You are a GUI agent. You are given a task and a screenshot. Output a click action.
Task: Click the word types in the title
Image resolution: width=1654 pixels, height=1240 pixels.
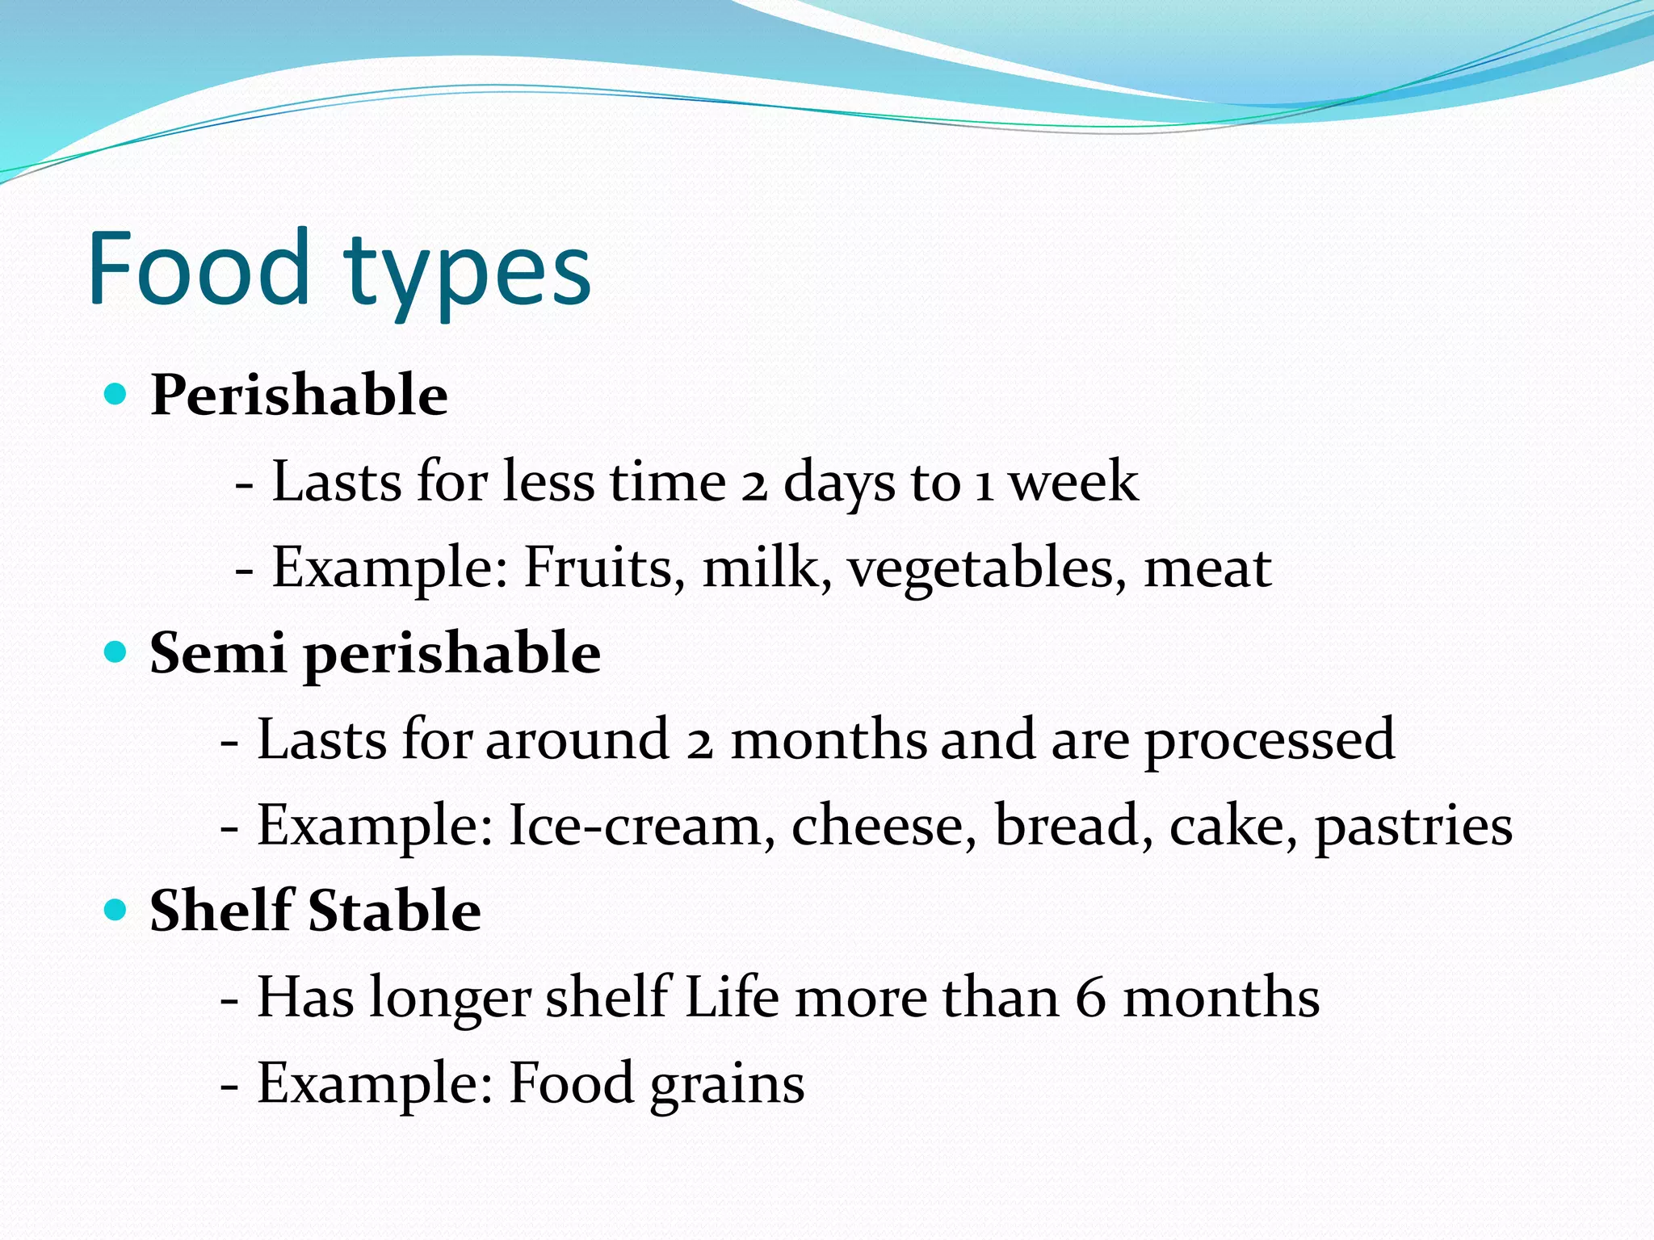(x=468, y=274)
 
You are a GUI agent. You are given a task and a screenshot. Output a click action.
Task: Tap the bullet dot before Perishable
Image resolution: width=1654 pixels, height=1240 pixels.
(x=116, y=395)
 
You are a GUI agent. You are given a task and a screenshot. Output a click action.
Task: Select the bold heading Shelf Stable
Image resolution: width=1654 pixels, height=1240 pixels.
(x=315, y=911)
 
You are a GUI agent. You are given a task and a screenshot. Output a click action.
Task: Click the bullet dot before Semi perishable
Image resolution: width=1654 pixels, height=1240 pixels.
(x=116, y=652)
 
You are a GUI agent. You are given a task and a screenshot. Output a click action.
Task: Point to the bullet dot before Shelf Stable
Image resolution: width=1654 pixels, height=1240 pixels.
(x=116, y=911)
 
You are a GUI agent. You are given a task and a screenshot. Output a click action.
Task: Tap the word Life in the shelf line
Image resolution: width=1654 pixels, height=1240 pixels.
(x=732, y=997)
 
